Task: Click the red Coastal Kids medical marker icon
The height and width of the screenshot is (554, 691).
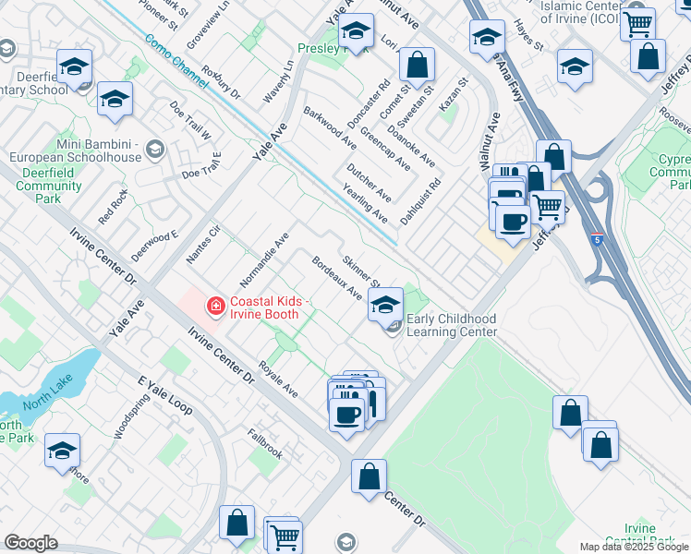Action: point(215,305)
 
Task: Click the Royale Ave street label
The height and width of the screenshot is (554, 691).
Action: point(279,379)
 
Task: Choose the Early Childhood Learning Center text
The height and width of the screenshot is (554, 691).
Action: point(453,325)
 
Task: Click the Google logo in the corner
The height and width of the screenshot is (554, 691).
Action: point(30,543)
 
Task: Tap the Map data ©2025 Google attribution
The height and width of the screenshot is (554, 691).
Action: point(634,547)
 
